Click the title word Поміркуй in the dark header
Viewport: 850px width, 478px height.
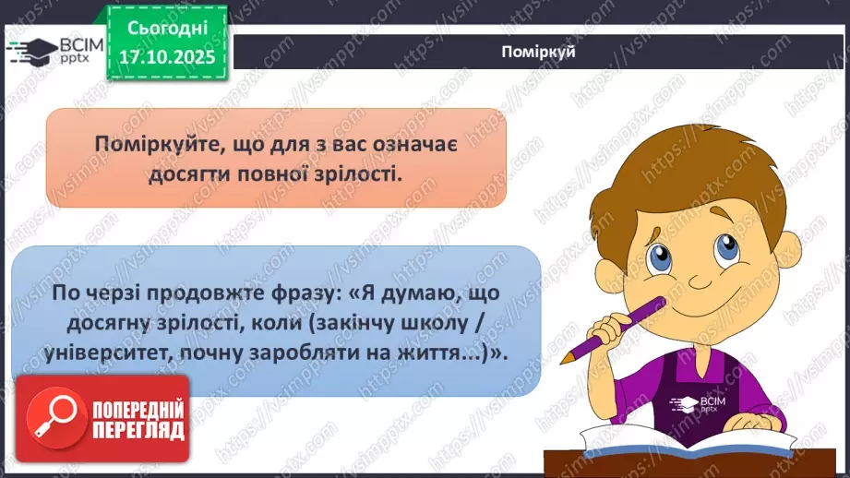tap(541, 52)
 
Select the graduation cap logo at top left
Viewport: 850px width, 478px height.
tap(30, 51)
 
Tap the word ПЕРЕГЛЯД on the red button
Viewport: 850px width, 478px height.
tap(138, 430)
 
